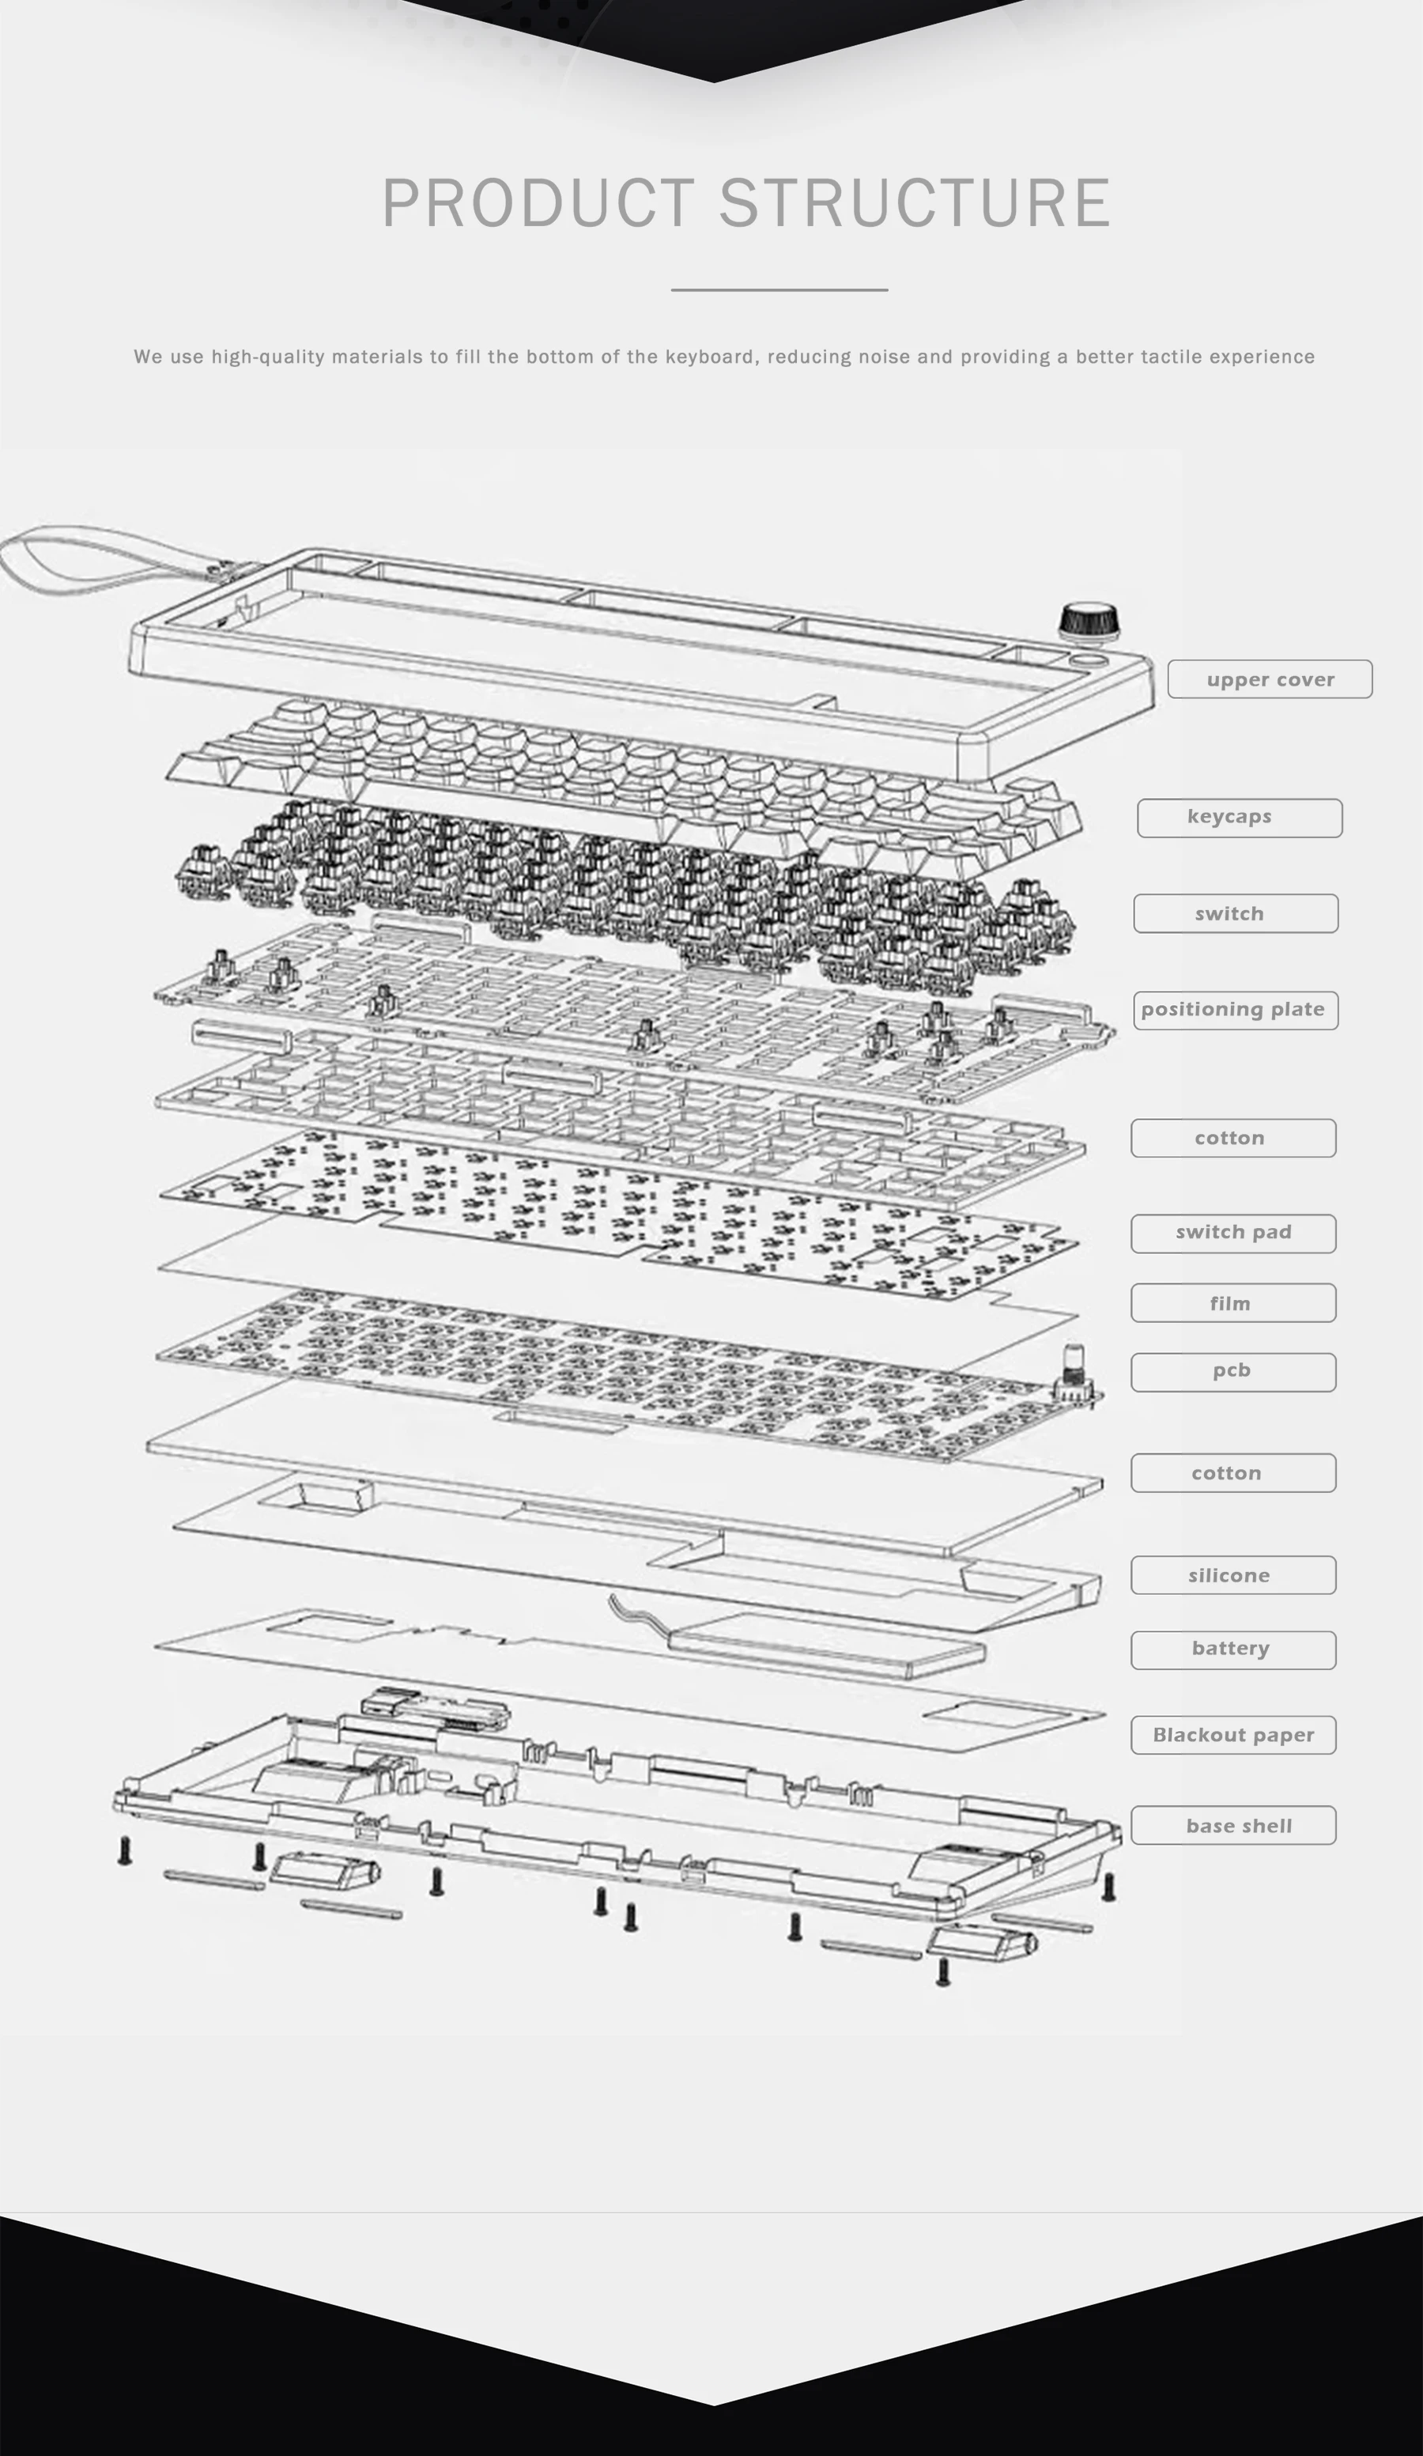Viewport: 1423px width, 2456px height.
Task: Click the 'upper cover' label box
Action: [x=1269, y=678]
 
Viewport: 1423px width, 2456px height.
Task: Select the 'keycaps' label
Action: [x=1239, y=818]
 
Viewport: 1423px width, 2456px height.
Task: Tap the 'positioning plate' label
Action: [x=1235, y=1010]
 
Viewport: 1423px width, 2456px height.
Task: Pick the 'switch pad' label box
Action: [x=1233, y=1233]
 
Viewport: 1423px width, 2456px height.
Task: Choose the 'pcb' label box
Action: [x=1233, y=1371]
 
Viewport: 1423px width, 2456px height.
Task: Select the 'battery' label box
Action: [x=1233, y=1649]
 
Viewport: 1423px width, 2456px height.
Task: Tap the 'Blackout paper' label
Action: [x=1233, y=1735]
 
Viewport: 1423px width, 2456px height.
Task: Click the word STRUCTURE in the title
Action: [x=915, y=204]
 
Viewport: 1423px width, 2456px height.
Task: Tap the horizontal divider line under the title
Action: [x=779, y=289]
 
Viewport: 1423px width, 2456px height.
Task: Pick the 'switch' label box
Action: [x=1235, y=913]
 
